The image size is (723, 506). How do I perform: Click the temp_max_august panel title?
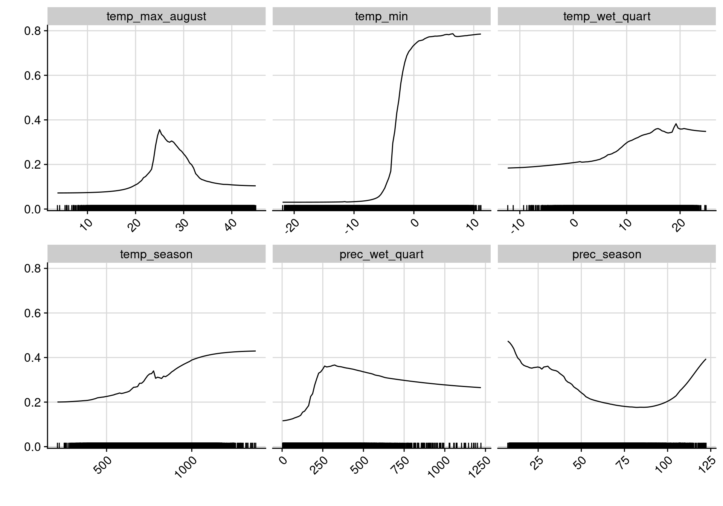click(x=156, y=17)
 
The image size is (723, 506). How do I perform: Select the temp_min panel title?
click(x=381, y=17)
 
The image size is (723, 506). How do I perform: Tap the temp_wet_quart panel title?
click(x=607, y=17)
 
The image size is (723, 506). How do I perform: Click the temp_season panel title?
click(x=156, y=255)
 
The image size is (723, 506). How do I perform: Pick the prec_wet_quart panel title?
click(x=381, y=255)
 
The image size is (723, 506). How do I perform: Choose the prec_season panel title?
click(x=607, y=255)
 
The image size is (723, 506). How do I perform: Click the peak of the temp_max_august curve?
click(x=160, y=130)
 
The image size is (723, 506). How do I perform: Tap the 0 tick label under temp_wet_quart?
click(x=574, y=223)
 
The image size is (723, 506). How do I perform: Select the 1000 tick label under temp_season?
click(x=186, y=467)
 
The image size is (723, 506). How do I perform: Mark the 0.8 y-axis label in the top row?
click(x=32, y=31)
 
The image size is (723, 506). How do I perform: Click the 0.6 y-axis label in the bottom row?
click(x=32, y=313)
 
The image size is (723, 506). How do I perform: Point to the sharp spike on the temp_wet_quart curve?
click(x=676, y=124)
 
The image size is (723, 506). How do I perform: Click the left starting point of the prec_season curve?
click(x=508, y=341)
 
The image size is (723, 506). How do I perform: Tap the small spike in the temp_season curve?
click(x=154, y=371)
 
